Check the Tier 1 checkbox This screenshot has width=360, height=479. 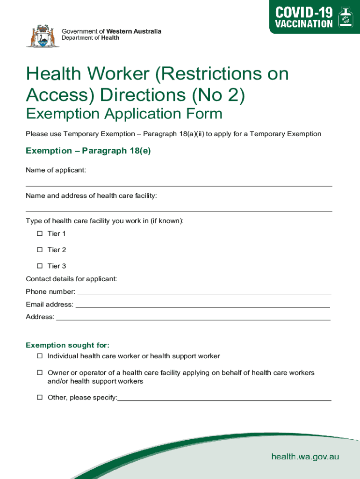click(x=40, y=233)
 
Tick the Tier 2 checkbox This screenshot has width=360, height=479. click(x=40, y=250)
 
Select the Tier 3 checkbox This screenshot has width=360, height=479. click(x=40, y=266)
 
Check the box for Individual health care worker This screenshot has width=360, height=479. click(x=40, y=356)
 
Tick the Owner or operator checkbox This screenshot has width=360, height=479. click(x=40, y=373)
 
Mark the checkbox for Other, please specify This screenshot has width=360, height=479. click(x=40, y=398)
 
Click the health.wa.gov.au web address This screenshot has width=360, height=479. click(x=305, y=457)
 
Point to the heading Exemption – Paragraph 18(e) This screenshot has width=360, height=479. click(x=88, y=151)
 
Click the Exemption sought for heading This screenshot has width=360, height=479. click(x=68, y=345)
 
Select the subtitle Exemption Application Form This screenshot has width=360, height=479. click(x=124, y=114)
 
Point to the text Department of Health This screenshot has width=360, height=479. click(x=91, y=38)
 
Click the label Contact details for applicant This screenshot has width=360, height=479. click(x=71, y=279)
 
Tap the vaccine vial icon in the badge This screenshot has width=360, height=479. click(x=346, y=18)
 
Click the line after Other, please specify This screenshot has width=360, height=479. click(x=224, y=399)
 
